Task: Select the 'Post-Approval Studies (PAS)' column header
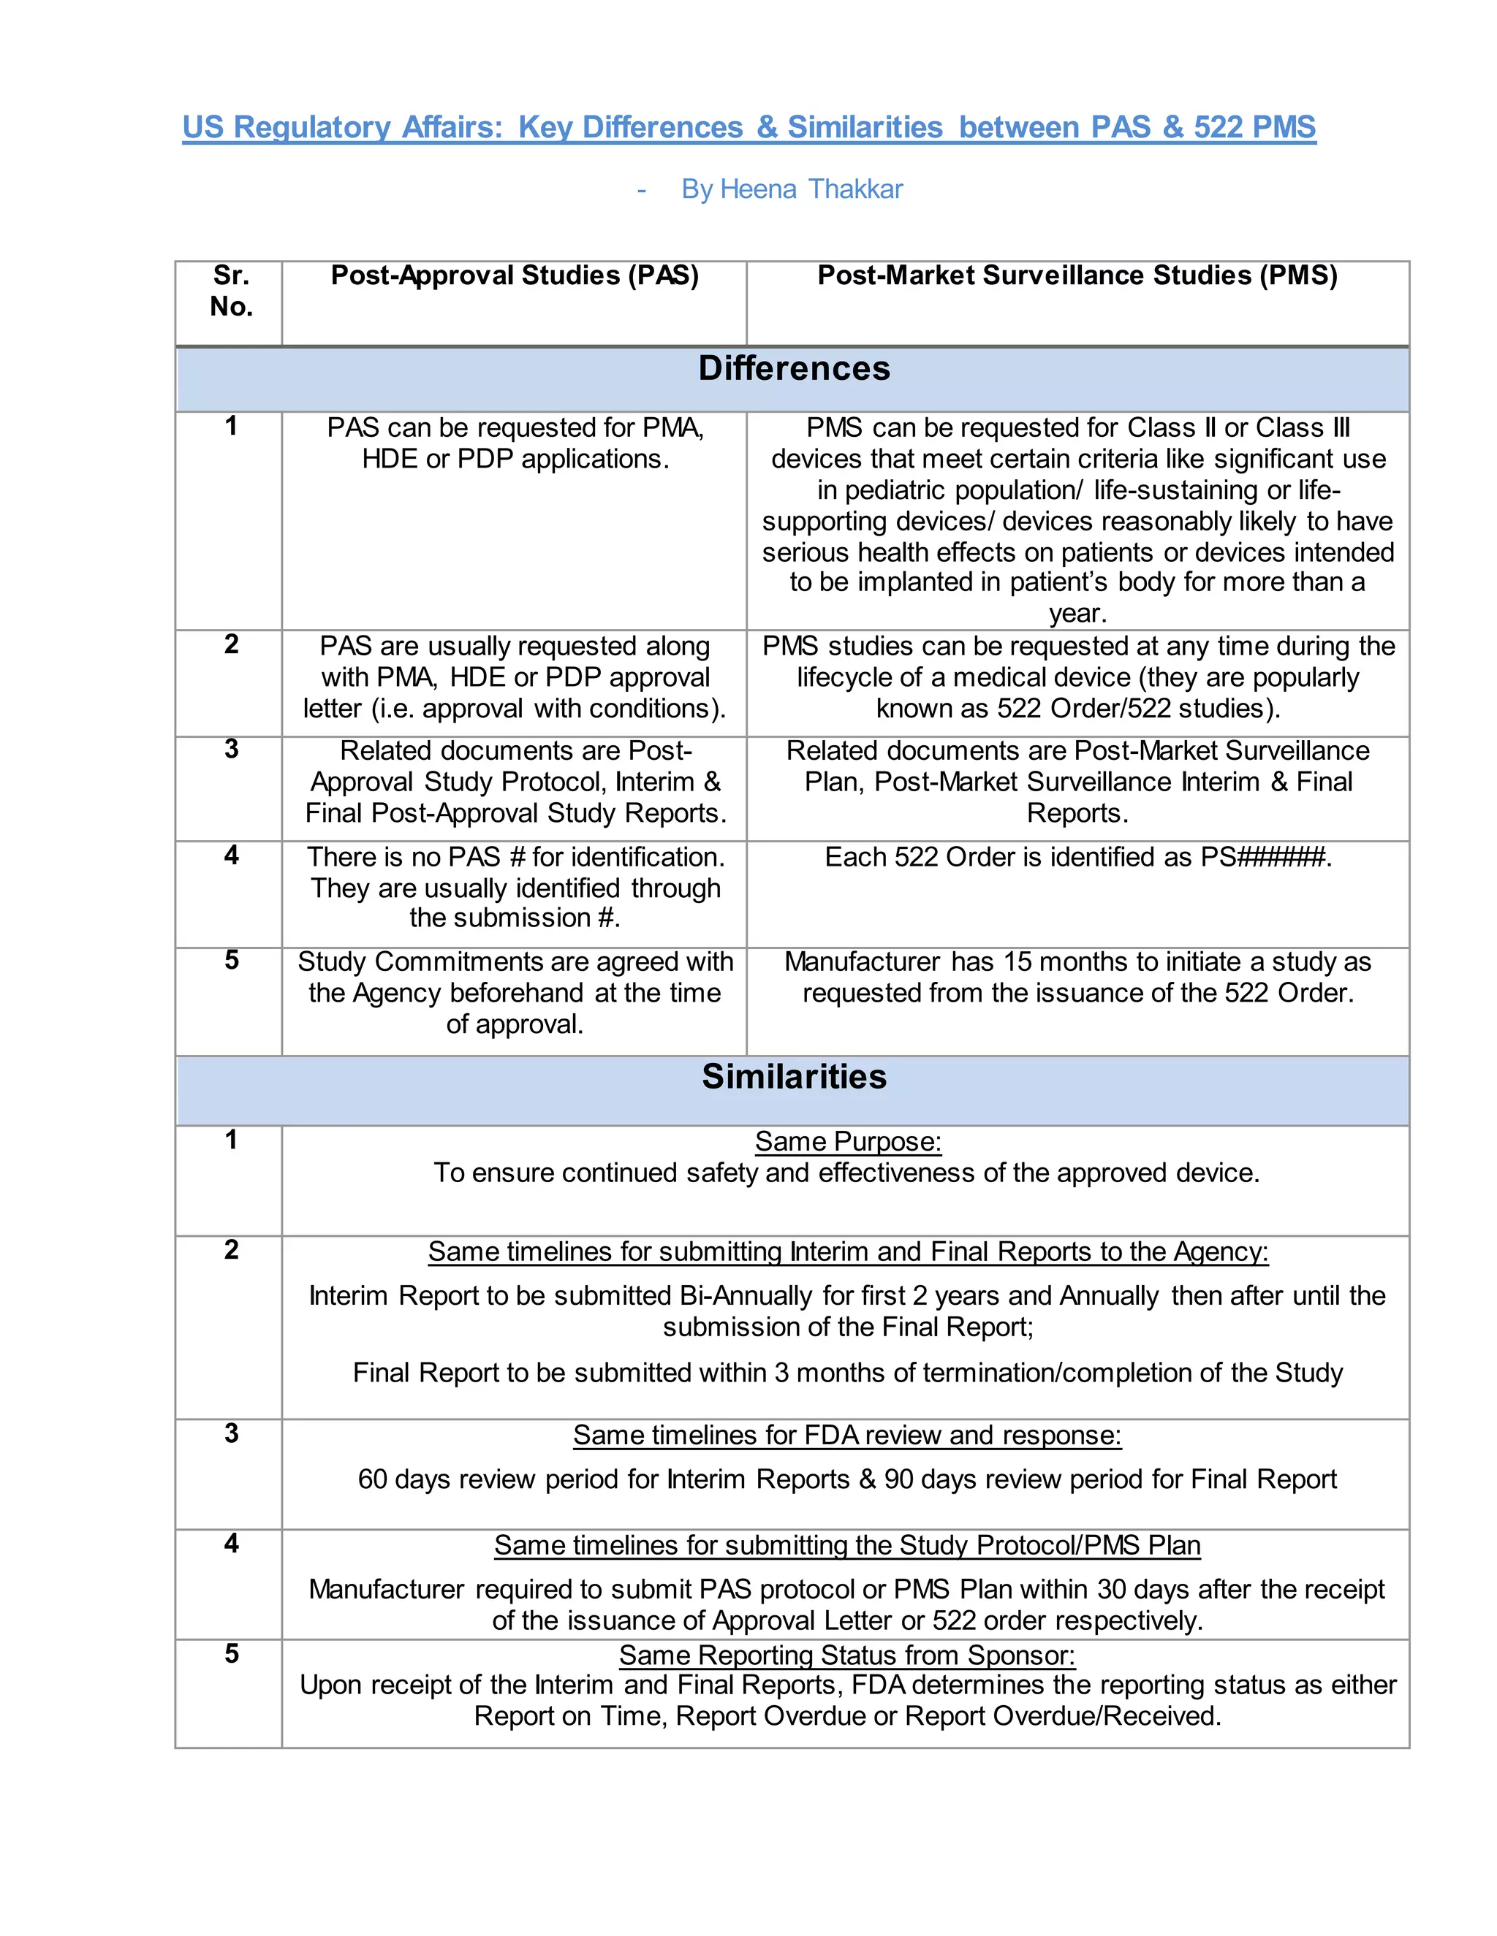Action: click(x=515, y=275)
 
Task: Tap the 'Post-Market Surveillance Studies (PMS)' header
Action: click(x=1077, y=275)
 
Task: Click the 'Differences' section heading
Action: click(x=793, y=369)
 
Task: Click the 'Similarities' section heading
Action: click(x=793, y=1077)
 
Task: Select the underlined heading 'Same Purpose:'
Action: click(x=847, y=1142)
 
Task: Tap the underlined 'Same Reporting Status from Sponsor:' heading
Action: click(x=847, y=1655)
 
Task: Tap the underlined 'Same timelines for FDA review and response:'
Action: click(x=847, y=1435)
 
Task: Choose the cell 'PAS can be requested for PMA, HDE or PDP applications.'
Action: click(x=515, y=443)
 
